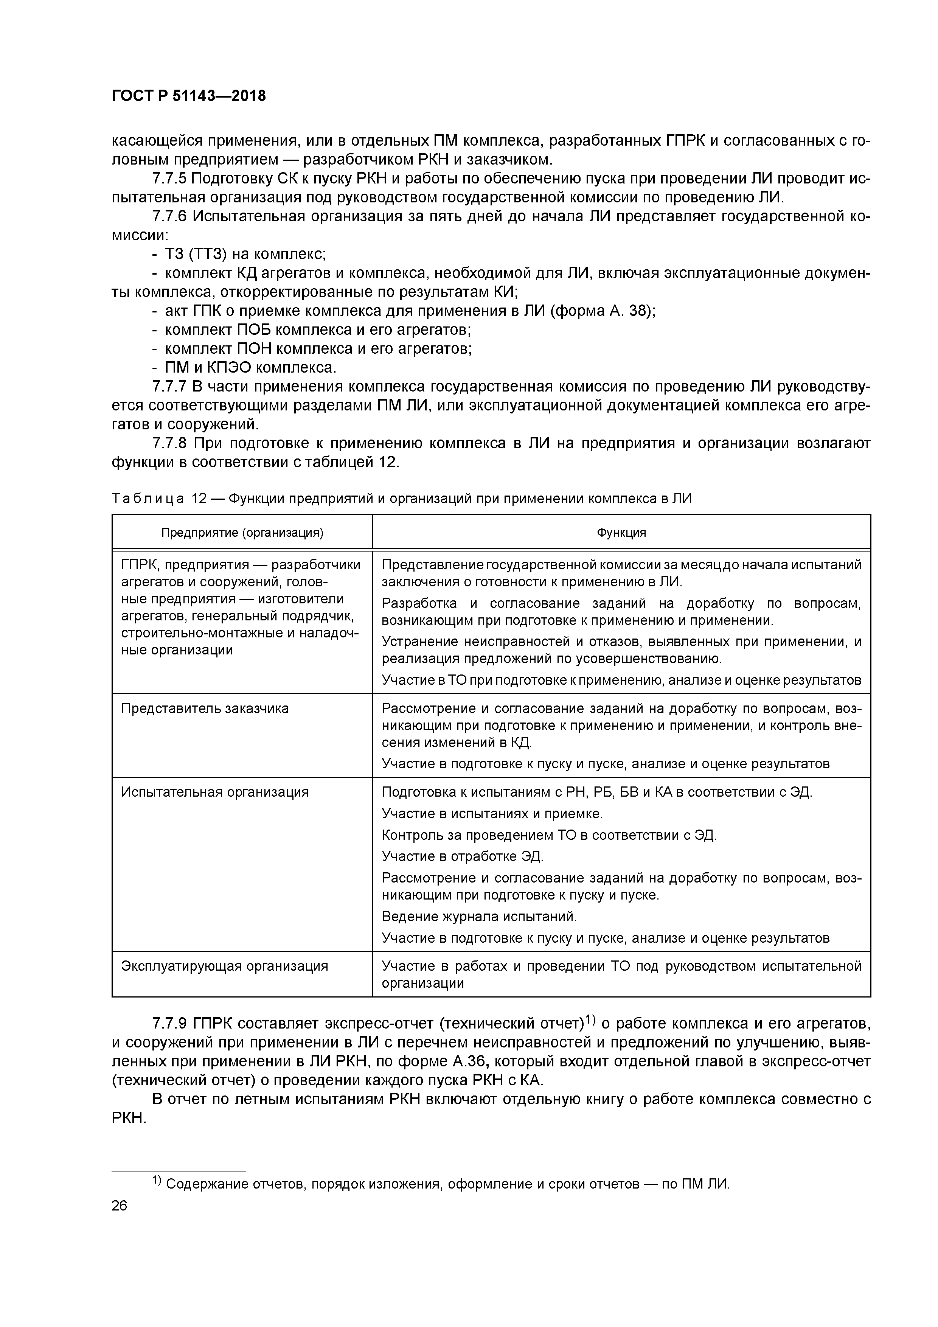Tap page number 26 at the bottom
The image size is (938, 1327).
coord(120,1206)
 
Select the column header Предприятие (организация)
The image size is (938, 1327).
coord(242,532)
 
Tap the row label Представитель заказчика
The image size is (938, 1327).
coord(205,709)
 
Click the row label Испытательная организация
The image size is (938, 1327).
coord(214,792)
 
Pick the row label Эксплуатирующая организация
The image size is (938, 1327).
coord(224,966)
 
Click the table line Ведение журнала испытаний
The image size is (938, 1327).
coord(479,917)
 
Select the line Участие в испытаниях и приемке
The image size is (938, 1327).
coord(492,814)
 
